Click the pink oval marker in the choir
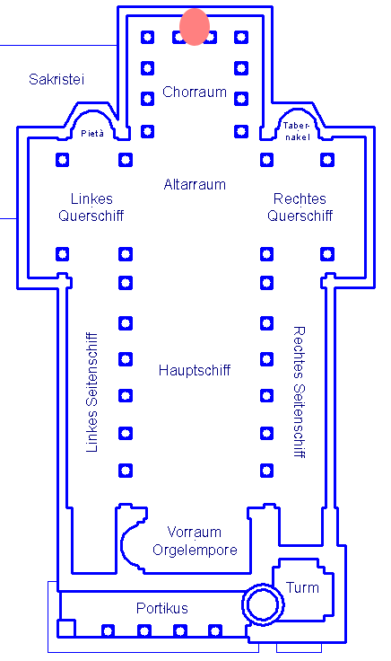[195, 27]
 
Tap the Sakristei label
[56, 79]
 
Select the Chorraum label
[195, 92]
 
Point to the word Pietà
[92, 133]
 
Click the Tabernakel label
[297, 131]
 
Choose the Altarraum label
[195, 184]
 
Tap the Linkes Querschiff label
[91, 207]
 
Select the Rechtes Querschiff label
[300, 207]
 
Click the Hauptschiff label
[195, 370]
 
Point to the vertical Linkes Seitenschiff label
[91, 392]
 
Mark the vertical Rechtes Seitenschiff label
[299, 392]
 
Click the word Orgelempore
[195, 551]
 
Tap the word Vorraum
[195, 532]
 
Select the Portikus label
[162, 608]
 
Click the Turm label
[302, 587]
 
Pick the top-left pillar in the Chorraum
[147, 37]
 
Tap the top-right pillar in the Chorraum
[241, 37]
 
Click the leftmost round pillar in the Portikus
[109, 631]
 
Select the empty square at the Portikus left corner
[66, 628]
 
